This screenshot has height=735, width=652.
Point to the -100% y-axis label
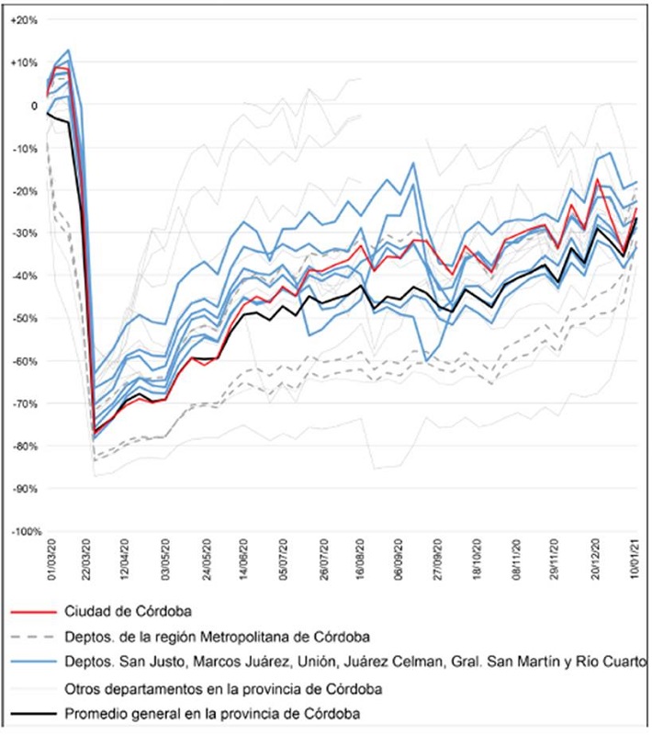click(21, 532)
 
